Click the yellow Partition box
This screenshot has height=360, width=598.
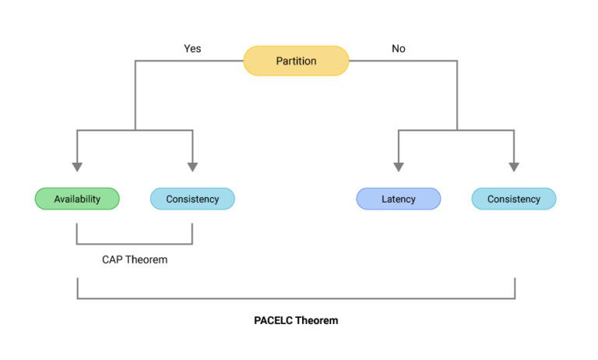pos(296,61)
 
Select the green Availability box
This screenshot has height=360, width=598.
pos(77,199)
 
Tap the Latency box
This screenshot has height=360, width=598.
pos(398,199)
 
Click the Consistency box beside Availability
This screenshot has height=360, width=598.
pos(192,199)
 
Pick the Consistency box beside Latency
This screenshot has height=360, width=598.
pos(514,199)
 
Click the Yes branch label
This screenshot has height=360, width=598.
pos(192,48)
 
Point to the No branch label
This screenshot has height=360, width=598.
pos(399,48)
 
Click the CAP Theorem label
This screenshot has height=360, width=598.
pos(135,259)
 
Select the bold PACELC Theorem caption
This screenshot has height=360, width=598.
pos(296,320)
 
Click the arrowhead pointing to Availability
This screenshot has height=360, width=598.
pos(77,167)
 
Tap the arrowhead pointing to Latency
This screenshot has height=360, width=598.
pos(399,167)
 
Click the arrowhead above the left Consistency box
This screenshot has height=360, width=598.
pos(192,167)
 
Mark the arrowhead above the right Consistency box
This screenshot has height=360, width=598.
pos(514,167)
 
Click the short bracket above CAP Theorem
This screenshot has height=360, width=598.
pos(135,244)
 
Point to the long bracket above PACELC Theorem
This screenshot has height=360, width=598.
pos(296,298)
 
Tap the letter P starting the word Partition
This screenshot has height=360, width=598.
pos(279,61)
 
